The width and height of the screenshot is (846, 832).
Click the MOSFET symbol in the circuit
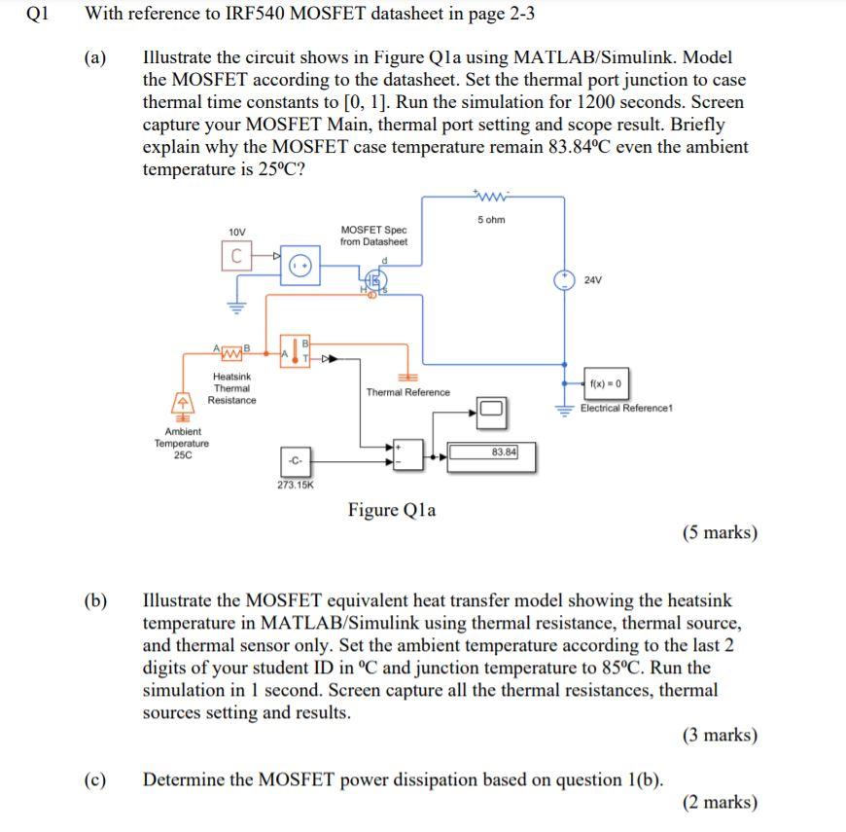pos(372,282)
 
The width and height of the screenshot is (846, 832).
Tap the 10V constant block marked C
pos(235,256)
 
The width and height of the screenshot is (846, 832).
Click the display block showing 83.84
pos(490,454)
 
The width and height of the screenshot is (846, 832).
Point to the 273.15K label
pos(296,484)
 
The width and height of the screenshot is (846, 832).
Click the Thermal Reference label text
pos(407,392)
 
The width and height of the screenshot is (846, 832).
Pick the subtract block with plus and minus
pos(407,452)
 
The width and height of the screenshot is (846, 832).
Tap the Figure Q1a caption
pos(392,510)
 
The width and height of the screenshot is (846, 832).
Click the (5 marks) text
pos(719,532)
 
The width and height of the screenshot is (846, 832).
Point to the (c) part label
pos(94,779)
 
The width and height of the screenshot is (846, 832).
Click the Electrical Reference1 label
pos(626,408)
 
